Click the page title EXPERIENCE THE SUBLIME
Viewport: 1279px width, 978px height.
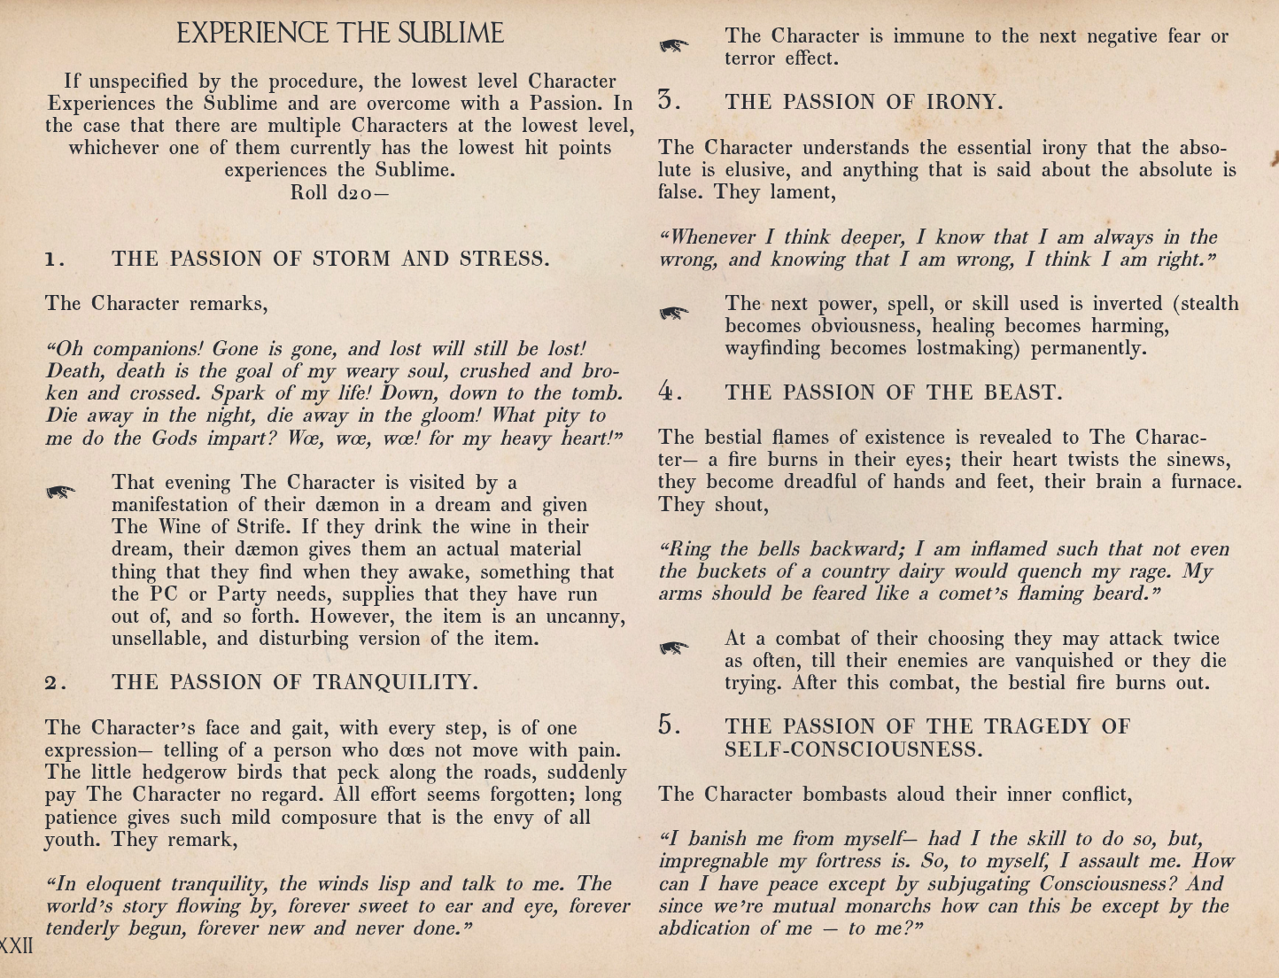340,34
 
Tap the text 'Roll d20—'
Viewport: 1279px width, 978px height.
339,192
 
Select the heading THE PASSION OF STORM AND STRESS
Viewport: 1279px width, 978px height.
330,259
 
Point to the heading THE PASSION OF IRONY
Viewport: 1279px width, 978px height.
864,102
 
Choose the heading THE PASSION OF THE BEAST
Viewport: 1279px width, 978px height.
893,392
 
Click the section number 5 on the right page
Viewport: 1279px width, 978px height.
669,726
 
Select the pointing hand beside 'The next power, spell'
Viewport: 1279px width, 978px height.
674,313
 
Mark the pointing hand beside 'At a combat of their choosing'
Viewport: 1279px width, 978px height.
674,648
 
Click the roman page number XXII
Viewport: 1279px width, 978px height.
17,945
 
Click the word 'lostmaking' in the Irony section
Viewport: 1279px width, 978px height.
967,348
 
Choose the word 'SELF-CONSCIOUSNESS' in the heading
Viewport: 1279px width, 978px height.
853,749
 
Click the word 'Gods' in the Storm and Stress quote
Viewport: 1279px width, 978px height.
174,439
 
